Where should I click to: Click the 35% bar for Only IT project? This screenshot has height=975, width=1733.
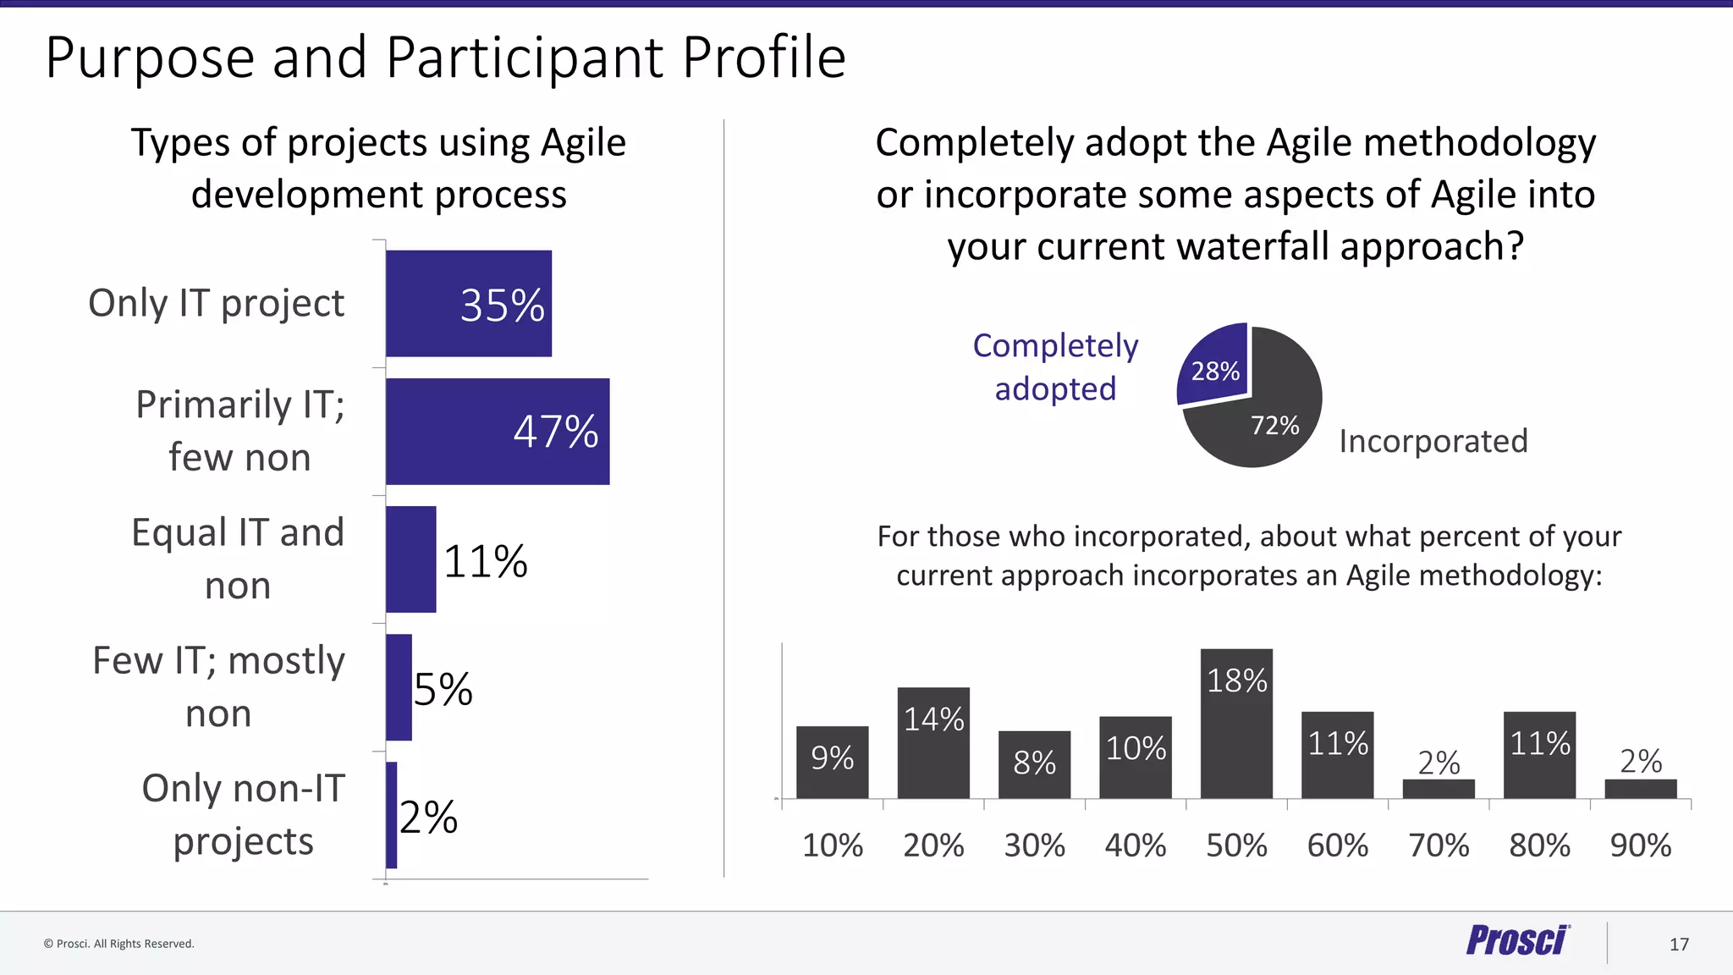[468, 303]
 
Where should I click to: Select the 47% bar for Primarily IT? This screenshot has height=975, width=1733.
[497, 431]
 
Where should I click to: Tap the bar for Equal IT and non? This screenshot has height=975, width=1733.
[410, 559]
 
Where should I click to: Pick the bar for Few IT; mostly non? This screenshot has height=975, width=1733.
[399, 687]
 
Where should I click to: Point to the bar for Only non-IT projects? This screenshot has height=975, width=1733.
[391, 815]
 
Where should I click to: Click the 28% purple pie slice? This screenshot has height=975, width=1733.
[1215, 366]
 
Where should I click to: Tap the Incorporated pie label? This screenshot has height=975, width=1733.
[1433, 441]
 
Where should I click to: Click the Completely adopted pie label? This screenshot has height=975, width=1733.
[1055, 366]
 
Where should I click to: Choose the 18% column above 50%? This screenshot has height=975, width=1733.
[1236, 724]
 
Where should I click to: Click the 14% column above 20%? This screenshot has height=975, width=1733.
[933, 742]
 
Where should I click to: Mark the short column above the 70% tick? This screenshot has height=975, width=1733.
[1439, 789]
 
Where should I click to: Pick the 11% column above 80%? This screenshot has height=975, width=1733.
[1539, 755]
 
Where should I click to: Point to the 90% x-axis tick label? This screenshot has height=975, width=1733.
[1640, 846]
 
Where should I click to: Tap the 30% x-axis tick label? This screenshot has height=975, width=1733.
[1034, 846]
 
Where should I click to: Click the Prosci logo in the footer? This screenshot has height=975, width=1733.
[1517, 941]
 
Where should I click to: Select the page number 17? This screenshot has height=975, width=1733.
[1679, 945]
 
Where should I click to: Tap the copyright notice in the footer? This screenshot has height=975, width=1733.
[119, 944]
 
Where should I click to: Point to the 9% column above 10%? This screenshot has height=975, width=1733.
[832, 762]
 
